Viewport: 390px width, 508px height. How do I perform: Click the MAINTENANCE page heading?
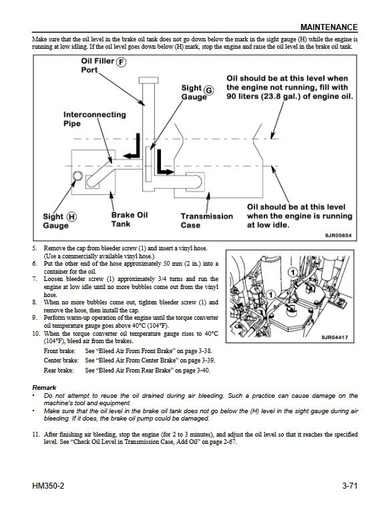pyautogui.click(x=329, y=27)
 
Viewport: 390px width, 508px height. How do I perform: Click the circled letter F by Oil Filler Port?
pyautogui.click(x=122, y=62)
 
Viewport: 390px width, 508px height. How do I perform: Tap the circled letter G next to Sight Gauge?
pyautogui.click(x=210, y=90)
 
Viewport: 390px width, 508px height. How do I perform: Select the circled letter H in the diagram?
pyautogui.click(x=71, y=217)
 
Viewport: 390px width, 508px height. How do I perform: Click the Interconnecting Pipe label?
pyautogui.click(x=94, y=119)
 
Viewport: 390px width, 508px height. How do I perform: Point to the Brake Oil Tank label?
pyautogui.click(x=130, y=220)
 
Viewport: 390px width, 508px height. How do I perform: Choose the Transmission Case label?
pyautogui.click(x=207, y=221)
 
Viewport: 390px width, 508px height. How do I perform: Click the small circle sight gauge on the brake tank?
pyautogui.click(x=78, y=176)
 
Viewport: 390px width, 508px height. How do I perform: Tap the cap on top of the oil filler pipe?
pyautogui.click(x=148, y=80)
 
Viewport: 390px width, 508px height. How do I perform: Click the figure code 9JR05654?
pyautogui.click(x=339, y=236)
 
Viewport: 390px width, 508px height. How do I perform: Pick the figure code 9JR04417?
pyautogui.click(x=335, y=337)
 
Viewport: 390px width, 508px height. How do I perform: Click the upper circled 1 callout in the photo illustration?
pyautogui.click(x=293, y=272)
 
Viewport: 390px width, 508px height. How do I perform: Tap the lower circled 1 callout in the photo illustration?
pyautogui.click(x=270, y=294)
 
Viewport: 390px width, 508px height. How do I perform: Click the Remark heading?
pyautogui.click(x=44, y=388)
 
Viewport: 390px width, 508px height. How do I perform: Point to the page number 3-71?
pyautogui.click(x=349, y=486)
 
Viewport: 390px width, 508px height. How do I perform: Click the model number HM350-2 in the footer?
pyautogui.click(x=48, y=486)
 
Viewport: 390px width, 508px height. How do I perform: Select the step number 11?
pyautogui.click(x=35, y=435)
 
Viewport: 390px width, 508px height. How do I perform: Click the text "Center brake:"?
pyautogui.click(x=61, y=360)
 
